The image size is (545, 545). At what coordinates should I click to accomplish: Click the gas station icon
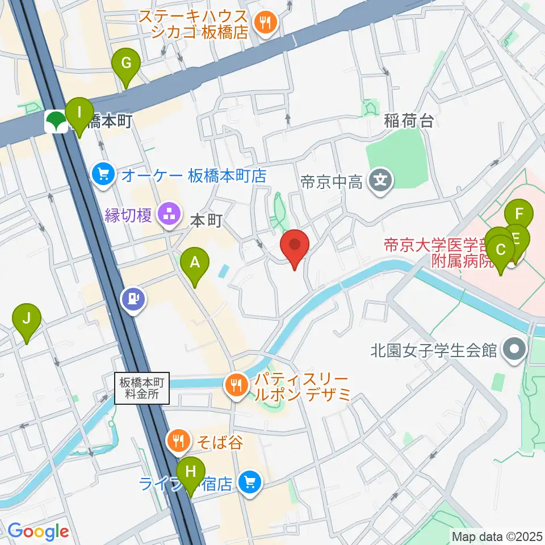click(133, 297)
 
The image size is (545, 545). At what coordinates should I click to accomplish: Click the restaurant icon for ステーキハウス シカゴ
click(265, 23)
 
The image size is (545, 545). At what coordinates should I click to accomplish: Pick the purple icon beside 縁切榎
click(168, 215)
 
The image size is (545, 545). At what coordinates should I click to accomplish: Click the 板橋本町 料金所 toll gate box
click(141, 388)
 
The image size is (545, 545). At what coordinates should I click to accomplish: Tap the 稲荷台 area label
click(409, 121)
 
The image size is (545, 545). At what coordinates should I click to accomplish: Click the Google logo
click(38, 531)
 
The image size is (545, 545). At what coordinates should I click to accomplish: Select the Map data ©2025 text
click(496, 535)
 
